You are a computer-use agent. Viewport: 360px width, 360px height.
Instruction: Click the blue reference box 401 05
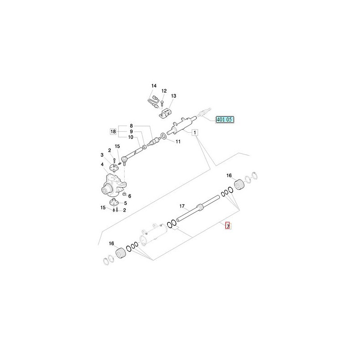pos(225,120)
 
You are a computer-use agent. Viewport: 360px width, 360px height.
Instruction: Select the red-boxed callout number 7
pos(228,226)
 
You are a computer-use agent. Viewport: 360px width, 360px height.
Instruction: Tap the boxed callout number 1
pos(195,132)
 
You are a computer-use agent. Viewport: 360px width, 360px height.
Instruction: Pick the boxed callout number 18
pos(113,131)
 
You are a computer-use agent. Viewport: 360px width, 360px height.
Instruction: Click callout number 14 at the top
pos(154,85)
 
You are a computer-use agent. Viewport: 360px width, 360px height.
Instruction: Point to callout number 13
pos(174,96)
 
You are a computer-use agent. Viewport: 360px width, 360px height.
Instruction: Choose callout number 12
pos(164,91)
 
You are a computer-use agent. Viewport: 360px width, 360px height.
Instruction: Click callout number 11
pos(178,142)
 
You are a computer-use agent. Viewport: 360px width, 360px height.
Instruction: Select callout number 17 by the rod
pos(182,206)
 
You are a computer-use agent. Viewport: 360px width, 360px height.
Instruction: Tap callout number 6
pos(130,196)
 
